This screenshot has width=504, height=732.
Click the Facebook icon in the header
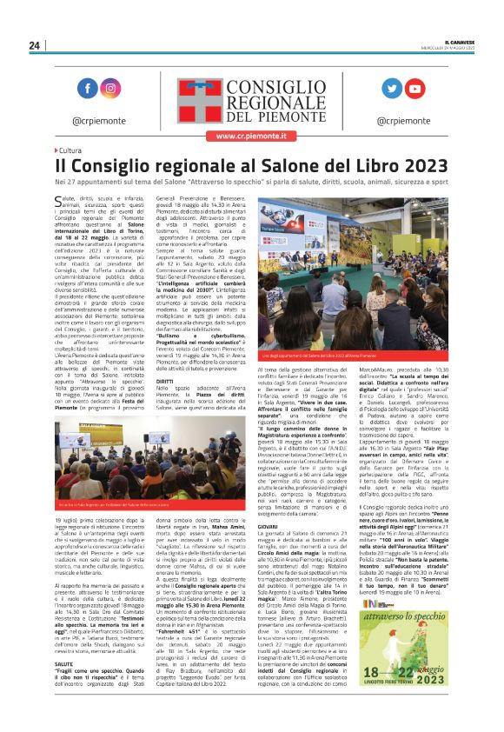(x=88, y=89)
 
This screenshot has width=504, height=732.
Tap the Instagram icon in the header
(x=110, y=89)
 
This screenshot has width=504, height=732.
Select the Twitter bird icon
(x=393, y=89)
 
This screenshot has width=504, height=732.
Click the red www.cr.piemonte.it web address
(x=252, y=136)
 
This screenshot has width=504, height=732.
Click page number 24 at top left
(x=34, y=45)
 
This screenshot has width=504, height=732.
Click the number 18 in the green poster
(x=375, y=673)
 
